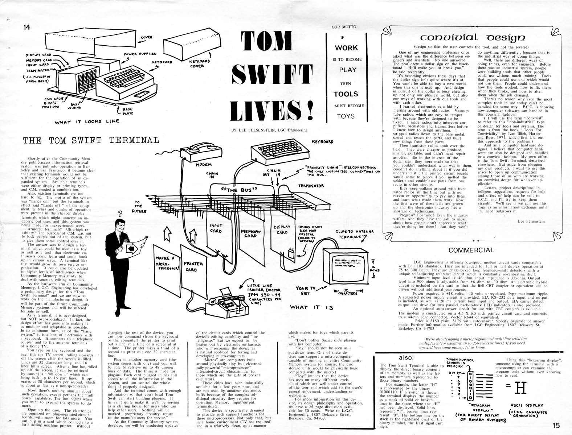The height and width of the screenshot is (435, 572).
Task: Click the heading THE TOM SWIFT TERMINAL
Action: [91, 140]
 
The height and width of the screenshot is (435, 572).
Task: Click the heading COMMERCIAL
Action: [471, 250]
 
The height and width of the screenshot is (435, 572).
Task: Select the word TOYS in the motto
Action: [346, 116]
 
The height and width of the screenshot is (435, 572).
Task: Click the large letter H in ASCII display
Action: [521, 388]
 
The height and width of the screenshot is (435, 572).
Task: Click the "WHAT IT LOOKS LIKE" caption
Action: [87, 121]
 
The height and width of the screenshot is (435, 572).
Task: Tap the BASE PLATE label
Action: [128, 111]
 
